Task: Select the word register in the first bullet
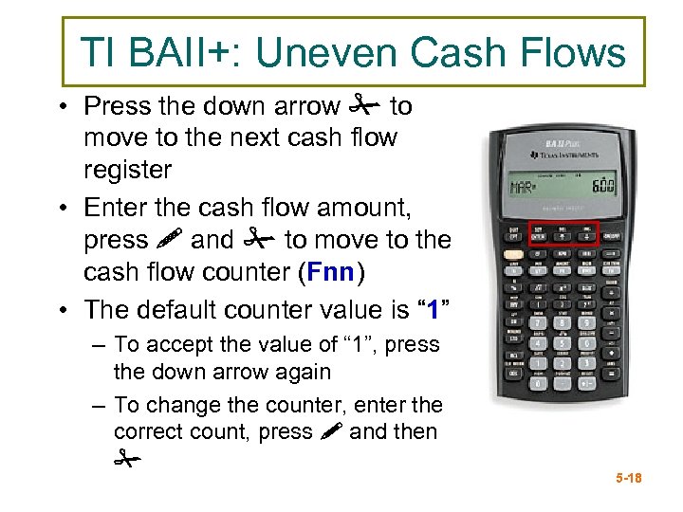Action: pyautogui.click(x=127, y=171)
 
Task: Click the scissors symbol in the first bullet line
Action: pyautogui.click(x=365, y=106)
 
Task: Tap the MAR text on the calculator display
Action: pyautogui.click(x=524, y=187)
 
